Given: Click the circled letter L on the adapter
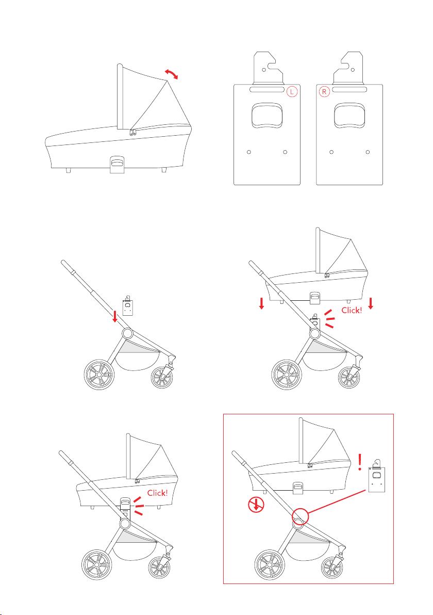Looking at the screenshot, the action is (x=292, y=92).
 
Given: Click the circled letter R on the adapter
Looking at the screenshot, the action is (x=324, y=92).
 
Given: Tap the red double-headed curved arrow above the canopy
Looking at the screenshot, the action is (x=171, y=74).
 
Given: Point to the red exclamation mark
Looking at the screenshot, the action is (x=360, y=462).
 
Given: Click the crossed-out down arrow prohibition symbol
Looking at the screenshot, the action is (x=256, y=506).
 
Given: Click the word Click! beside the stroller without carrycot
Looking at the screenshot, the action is (x=352, y=310).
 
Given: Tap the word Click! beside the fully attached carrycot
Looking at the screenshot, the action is (x=158, y=493).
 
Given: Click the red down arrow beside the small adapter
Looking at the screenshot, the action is (x=115, y=316).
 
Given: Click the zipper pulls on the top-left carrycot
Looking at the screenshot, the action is (x=134, y=132).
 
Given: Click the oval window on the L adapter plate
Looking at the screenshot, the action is (x=267, y=116).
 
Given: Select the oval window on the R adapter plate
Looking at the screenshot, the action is (x=349, y=116).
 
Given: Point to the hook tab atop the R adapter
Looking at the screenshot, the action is (x=348, y=68).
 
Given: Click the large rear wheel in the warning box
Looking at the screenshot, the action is (x=269, y=564).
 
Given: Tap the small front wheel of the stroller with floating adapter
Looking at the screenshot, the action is (x=162, y=377).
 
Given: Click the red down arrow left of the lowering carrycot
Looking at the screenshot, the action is (x=262, y=303).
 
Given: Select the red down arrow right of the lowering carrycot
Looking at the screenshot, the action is (x=370, y=303).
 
